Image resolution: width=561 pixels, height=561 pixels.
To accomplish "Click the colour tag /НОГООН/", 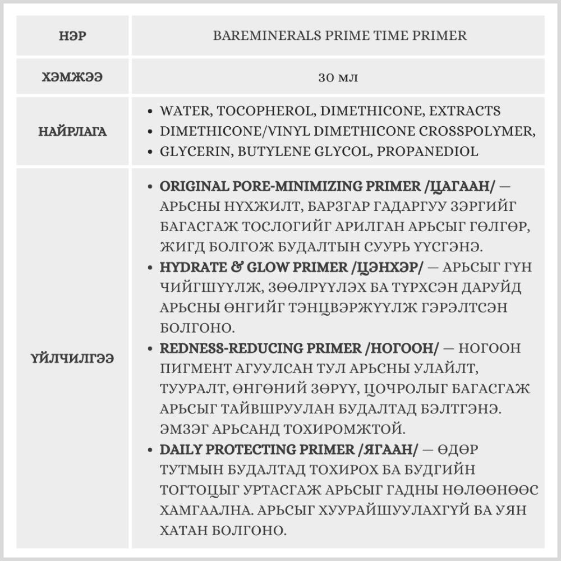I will click(402, 348).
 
